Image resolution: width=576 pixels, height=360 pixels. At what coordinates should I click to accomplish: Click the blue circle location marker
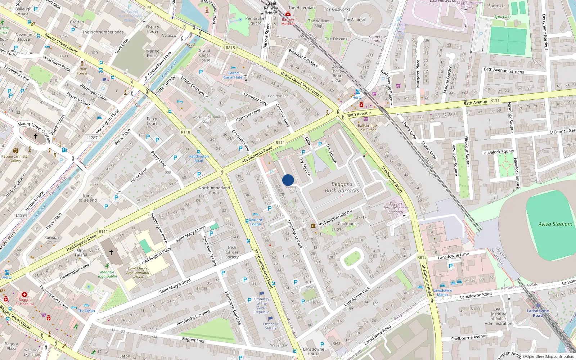tap(288, 180)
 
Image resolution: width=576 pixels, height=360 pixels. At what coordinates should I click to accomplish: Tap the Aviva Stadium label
tap(555, 224)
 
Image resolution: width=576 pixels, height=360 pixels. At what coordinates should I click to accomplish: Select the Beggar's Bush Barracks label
tap(342, 187)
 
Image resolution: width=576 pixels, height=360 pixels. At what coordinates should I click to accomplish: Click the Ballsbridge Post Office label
tap(367, 128)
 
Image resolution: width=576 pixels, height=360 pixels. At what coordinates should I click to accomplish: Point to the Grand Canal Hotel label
tap(233, 75)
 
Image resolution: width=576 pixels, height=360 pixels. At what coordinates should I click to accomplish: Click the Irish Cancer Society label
tap(232, 252)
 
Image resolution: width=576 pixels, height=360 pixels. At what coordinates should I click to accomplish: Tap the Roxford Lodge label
tap(255, 222)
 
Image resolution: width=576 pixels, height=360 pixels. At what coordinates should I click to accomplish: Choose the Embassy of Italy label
tap(270, 326)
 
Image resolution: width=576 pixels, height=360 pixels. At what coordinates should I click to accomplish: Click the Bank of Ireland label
tap(88, 198)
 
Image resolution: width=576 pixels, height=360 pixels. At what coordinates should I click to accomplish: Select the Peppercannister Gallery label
tap(15, 158)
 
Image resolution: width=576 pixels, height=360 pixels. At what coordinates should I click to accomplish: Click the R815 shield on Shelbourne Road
tap(422, 257)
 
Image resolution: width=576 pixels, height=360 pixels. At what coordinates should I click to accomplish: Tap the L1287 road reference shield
tap(92, 138)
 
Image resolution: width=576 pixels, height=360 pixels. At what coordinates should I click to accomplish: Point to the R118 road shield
tap(185, 132)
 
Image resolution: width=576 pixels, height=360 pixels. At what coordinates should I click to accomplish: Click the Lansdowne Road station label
tap(537, 313)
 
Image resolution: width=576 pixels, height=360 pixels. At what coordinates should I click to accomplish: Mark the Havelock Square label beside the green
tap(499, 152)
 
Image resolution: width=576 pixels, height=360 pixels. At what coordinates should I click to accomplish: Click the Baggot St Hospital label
tap(24, 302)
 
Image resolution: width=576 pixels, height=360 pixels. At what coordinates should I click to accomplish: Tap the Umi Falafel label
tap(81, 253)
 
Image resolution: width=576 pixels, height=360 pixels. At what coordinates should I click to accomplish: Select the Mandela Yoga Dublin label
tap(107, 274)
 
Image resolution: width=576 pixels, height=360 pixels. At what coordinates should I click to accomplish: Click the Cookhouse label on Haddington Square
tap(348, 224)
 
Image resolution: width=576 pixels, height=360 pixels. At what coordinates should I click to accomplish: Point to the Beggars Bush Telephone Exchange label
tap(396, 208)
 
